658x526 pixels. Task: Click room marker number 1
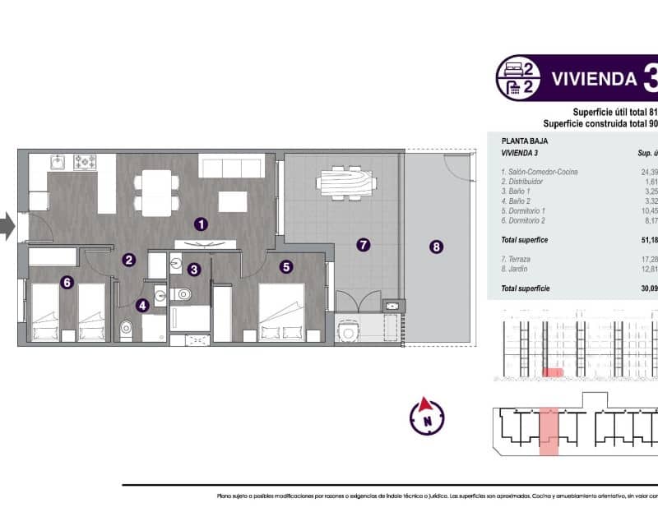pyautogui.click(x=200, y=223)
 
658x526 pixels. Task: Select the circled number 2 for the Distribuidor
pyautogui.click(x=128, y=261)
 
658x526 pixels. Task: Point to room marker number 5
pyautogui.click(x=285, y=266)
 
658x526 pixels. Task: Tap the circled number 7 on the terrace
pyautogui.click(x=364, y=244)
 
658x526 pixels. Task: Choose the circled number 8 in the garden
pyautogui.click(x=436, y=245)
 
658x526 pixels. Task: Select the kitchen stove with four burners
pyautogui.click(x=86, y=162)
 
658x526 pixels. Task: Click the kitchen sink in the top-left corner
pyautogui.click(x=58, y=162)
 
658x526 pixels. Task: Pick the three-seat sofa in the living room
pyautogui.click(x=233, y=168)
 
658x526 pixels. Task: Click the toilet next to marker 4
pyautogui.click(x=127, y=329)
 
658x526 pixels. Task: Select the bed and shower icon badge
pyautogui.click(x=518, y=78)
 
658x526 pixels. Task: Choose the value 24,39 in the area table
pyautogui.click(x=647, y=172)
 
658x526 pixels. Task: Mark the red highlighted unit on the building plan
pyautogui.click(x=548, y=428)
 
